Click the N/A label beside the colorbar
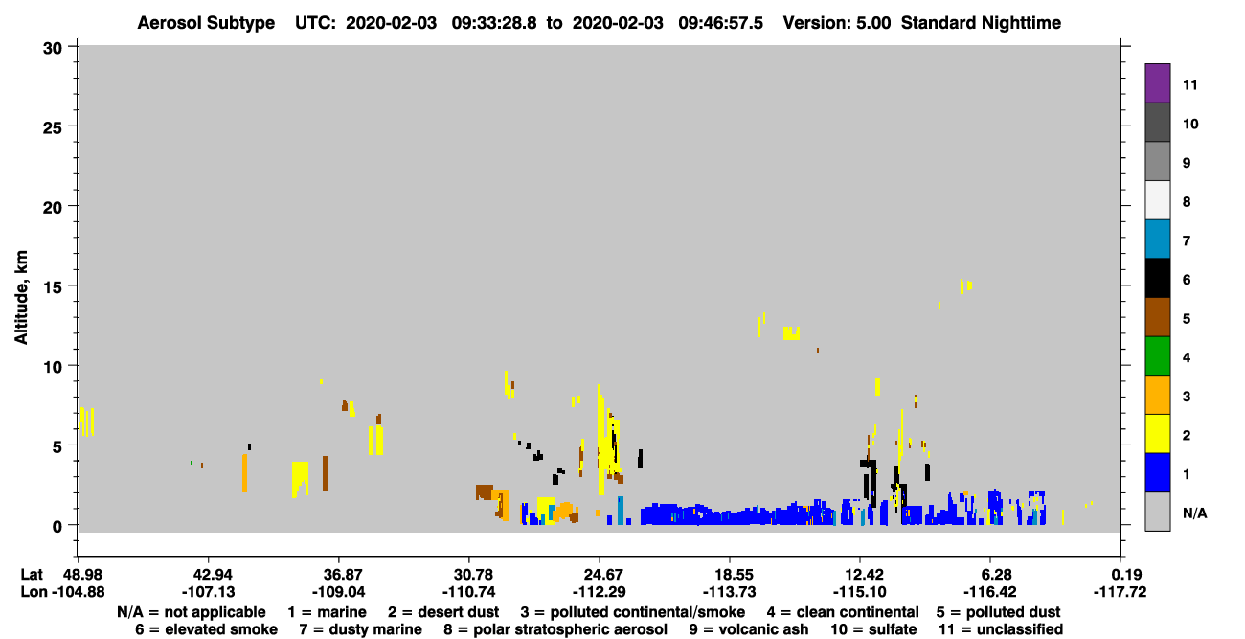pos(1194,513)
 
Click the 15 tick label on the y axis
pos(53,287)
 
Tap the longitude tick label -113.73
pos(729,592)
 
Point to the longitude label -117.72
pos(1120,592)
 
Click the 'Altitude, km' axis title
pos(21,298)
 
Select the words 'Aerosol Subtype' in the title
pos(206,23)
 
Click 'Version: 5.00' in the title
pos(836,23)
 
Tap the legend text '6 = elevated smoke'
pos(206,629)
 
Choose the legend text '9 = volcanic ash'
pos(749,629)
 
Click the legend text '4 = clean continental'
pos(843,612)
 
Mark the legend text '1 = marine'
pos(327,612)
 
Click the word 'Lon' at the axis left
pos(34,592)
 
